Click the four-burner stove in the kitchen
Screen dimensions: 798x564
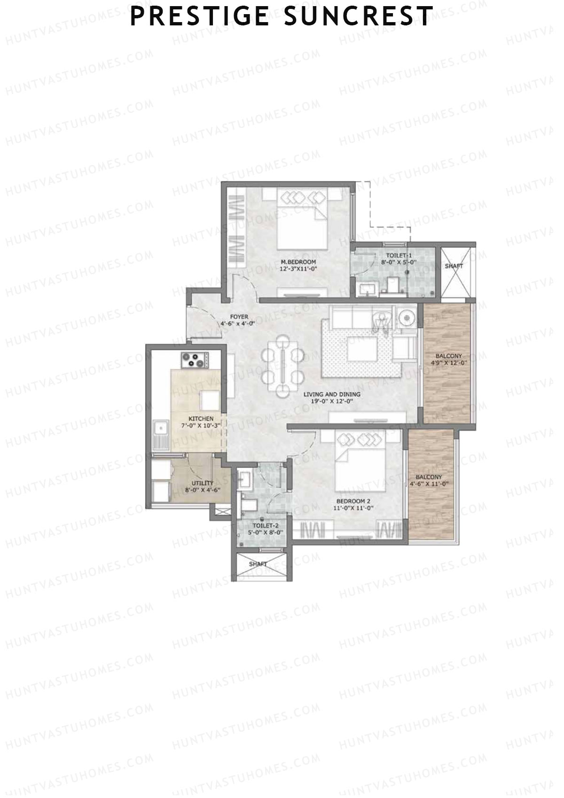pyautogui.click(x=194, y=360)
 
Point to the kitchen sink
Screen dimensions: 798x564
pyautogui.click(x=161, y=428)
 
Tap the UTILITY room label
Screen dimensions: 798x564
pyautogui.click(x=202, y=486)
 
